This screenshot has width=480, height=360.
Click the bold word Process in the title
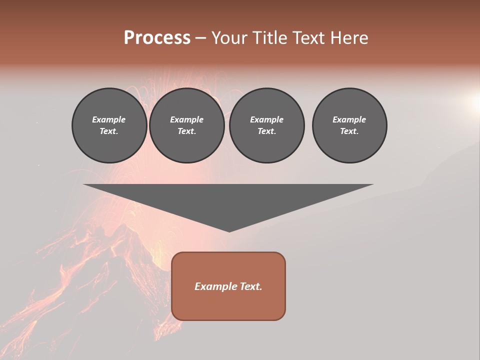157,38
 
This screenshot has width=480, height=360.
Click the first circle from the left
109,125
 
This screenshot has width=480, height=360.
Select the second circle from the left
187,125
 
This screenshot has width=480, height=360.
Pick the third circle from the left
267,125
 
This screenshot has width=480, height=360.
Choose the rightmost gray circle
349,125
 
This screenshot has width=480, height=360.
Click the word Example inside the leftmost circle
109,119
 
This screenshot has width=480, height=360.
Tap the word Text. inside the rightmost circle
349,131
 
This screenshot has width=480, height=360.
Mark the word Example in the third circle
267,119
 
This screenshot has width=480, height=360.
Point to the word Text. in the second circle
187,131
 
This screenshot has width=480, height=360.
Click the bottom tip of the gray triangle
229,231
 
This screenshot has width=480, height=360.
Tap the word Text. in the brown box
251,286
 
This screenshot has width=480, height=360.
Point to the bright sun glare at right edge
474,102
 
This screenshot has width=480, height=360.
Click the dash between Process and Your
201,38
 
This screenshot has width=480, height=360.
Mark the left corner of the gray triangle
84,185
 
